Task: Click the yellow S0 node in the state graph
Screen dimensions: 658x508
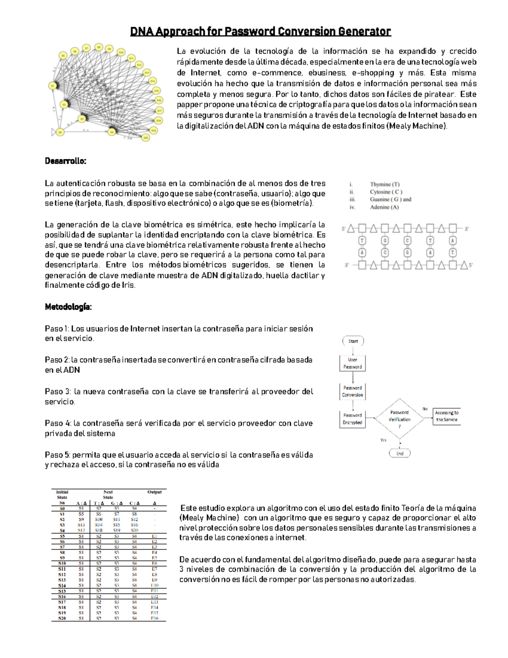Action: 61,132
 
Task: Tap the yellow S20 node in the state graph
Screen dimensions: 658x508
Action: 146,138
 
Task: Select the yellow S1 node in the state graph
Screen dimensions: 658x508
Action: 53,86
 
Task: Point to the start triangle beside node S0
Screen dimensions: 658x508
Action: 53,132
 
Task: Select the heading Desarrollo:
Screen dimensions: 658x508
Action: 66,161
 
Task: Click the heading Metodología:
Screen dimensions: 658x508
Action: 68,307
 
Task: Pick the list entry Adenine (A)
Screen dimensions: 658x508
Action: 384,207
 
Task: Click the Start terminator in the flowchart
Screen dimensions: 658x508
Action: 353,341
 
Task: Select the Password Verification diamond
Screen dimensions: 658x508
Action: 400,419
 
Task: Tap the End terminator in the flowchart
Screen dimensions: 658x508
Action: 400,453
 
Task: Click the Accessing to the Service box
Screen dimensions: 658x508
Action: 447,416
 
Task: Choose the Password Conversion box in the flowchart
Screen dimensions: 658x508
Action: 352,391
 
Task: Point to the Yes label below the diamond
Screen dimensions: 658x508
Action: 383,440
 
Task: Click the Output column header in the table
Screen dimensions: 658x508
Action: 155,492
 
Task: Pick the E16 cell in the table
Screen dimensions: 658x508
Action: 155,618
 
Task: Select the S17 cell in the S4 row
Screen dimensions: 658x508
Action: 81,530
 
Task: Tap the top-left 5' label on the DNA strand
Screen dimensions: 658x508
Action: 344,229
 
